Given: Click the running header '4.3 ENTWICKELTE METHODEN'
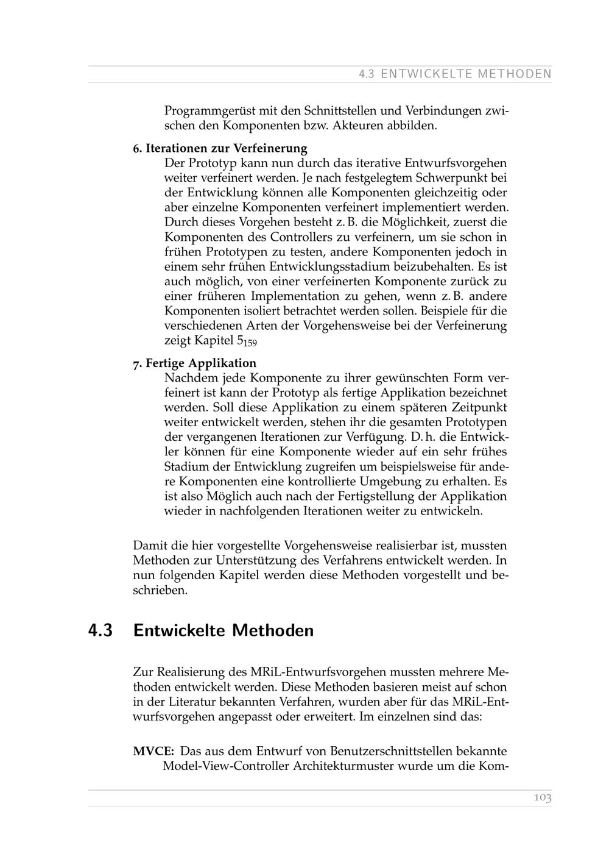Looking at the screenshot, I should [x=455, y=74].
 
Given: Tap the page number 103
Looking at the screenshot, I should [x=542, y=797].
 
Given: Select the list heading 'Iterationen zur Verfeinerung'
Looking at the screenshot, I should [x=226, y=148].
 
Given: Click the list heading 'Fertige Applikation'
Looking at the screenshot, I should [x=200, y=363].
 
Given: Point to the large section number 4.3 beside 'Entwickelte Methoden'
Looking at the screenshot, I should [x=100, y=630].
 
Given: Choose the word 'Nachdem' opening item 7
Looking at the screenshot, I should [x=189, y=378].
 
